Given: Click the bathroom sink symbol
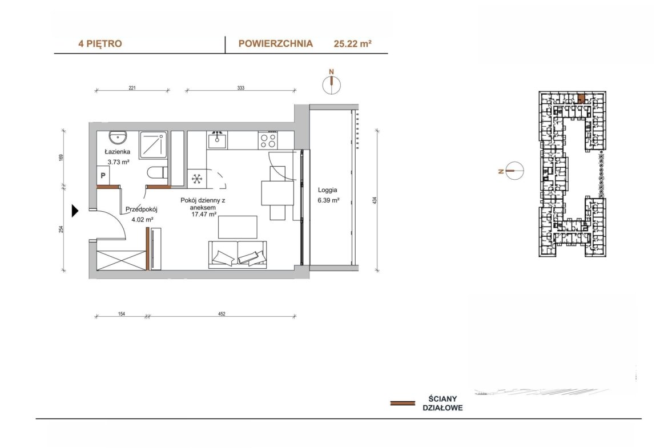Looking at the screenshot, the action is click(x=118, y=137).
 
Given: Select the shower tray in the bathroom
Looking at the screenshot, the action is click(x=153, y=145).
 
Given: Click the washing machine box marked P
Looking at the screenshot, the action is click(x=103, y=175).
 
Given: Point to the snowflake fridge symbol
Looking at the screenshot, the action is click(x=197, y=179).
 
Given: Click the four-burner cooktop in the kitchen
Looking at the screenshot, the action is click(x=268, y=140).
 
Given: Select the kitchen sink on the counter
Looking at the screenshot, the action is click(x=218, y=139).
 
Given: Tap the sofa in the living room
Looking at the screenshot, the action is click(x=238, y=255).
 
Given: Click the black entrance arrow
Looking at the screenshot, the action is click(x=75, y=211).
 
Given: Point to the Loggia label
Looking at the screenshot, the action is click(x=328, y=191).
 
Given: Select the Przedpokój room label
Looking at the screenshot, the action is click(x=142, y=209).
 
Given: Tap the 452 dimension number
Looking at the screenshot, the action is click(x=222, y=314).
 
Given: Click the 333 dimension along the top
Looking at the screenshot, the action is click(x=241, y=88).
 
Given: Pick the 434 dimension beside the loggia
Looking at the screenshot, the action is click(x=375, y=200).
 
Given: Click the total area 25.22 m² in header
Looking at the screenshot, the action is click(x=353, y=43).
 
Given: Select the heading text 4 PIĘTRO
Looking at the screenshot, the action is click(x=100, y=43).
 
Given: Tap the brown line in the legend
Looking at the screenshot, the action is click(x=403, y=403).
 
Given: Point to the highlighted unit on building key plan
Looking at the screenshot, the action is click(x=581, y=99).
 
